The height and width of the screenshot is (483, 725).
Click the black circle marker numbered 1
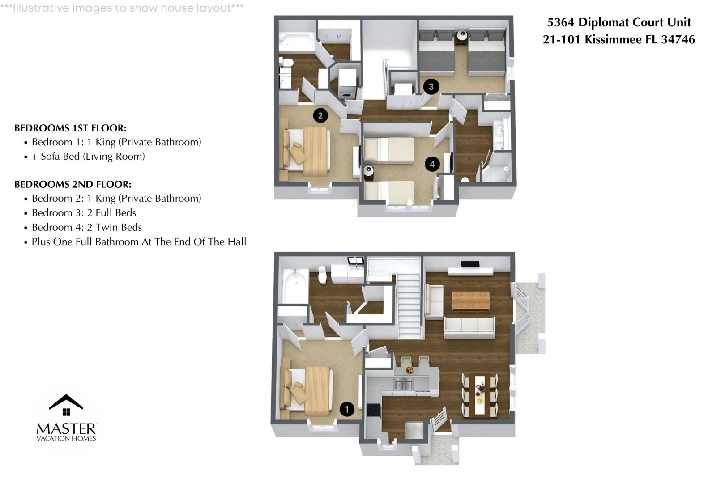tap(347, 409)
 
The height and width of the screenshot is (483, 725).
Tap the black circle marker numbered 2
tap(320, 115)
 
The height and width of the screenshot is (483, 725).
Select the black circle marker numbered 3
tap(431, 87)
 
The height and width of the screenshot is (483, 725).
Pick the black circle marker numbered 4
tap(432, 164)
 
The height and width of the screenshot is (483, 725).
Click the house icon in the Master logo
tap(66, 405)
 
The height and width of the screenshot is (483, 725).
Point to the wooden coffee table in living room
tap(470, 301)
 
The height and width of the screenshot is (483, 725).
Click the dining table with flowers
tap(480, 395)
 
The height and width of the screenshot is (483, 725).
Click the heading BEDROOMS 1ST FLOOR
tap(70, 128)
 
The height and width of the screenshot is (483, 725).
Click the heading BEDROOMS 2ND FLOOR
tap(72, 184)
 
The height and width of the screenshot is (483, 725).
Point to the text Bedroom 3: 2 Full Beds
tap(84, 213)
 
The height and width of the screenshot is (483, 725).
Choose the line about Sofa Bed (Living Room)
tap(88, 157)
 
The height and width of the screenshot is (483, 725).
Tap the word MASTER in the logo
tap(66, 429)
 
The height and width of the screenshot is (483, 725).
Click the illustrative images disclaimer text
tap(122, 8)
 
